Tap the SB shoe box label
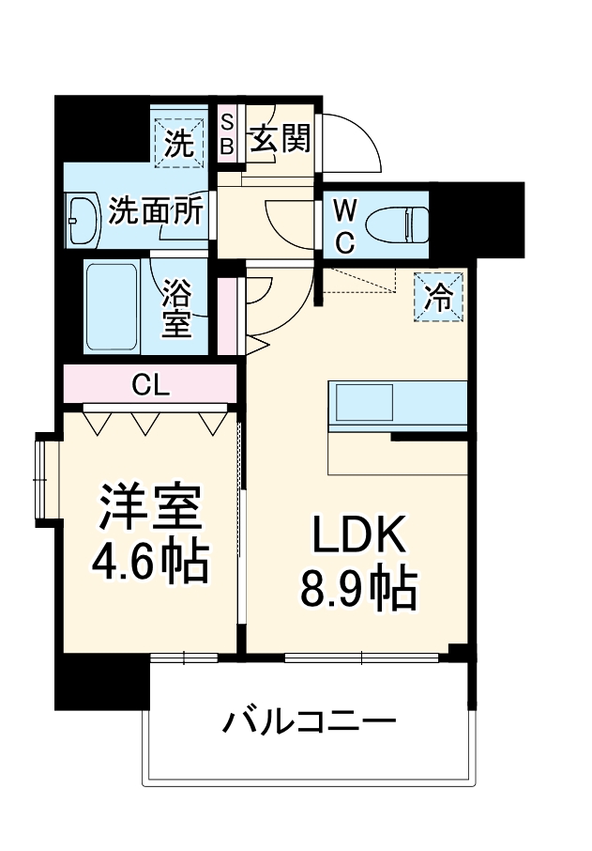tap(227, 133)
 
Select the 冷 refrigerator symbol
tap(438, 296)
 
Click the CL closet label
tap(150, 383)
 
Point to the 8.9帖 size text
tap(358, 589)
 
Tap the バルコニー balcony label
tap(309, 723)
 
